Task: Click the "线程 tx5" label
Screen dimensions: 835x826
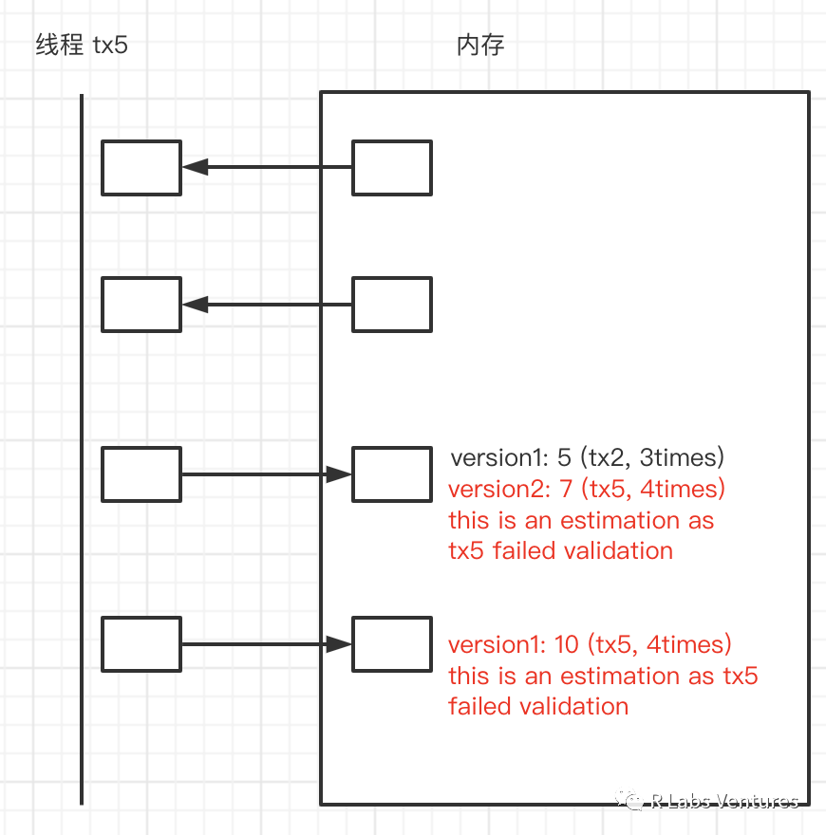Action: tap(82, 45)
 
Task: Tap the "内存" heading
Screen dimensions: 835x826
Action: tap(480, 45)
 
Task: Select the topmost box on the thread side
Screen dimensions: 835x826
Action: tap(141, 168)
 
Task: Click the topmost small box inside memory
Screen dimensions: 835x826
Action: tap(392, 168)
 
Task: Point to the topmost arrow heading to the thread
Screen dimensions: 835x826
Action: tap(266, 167)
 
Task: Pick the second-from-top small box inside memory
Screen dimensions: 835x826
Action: tap(392, 305)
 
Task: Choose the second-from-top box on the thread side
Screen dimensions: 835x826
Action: tap(141, 305)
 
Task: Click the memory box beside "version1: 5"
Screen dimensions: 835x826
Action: tap(392, 474)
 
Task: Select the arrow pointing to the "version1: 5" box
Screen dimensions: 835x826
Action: tap(266, 474)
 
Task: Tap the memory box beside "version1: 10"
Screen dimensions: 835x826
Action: tap(392, 644)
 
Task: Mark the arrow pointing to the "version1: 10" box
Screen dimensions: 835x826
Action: tap(266, 644)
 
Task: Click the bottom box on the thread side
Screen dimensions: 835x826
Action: tap(141, 644)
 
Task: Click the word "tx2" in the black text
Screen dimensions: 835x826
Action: tap(610, 458)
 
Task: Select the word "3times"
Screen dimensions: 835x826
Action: tap(683, 458)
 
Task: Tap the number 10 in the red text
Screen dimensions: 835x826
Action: tap(566, 645)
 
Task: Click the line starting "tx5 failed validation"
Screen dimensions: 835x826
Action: tap(560, 550)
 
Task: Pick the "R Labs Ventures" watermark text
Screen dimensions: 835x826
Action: tap(725, 802)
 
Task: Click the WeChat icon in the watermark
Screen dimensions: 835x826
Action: tap(631, 802)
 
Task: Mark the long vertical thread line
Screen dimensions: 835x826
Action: tap(82, 446)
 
